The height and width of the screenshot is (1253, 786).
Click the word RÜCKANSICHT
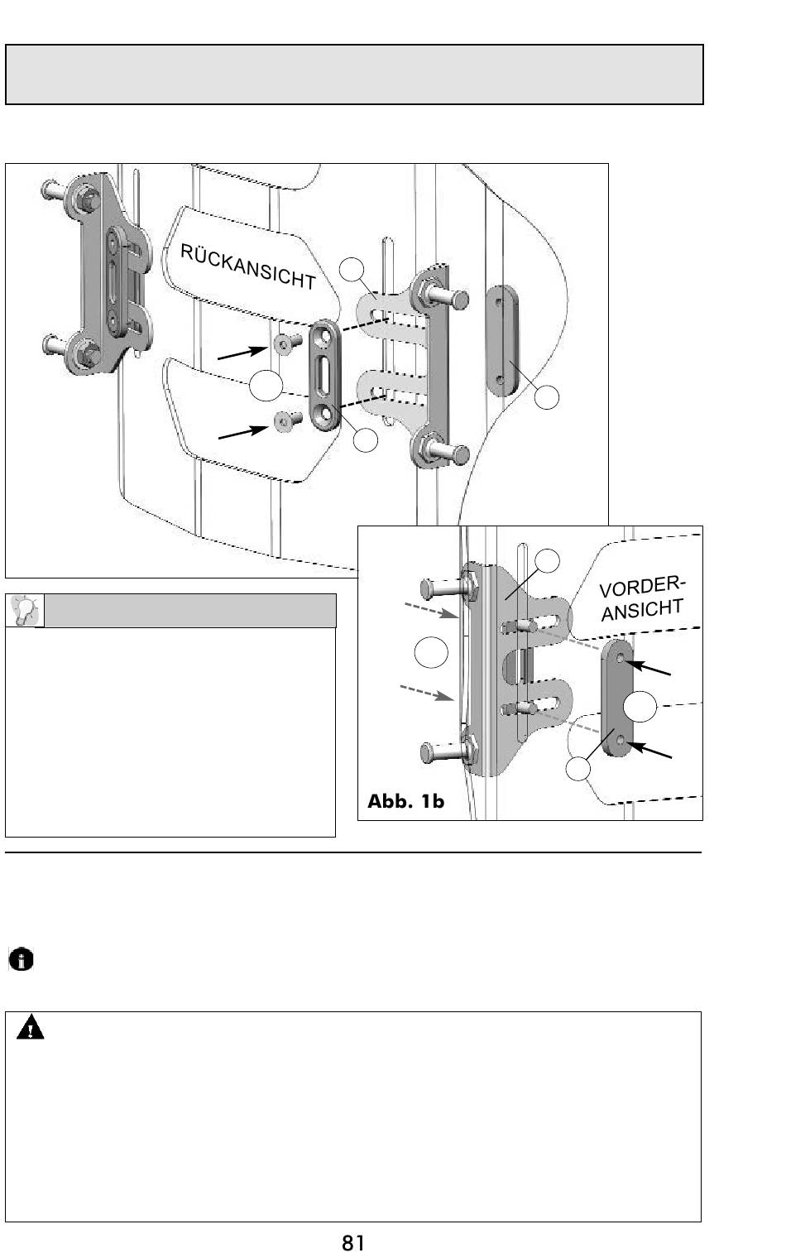248,266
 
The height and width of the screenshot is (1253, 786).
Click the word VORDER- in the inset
641,587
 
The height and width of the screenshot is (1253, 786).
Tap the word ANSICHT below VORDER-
642,609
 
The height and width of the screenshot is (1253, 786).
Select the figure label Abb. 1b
405,801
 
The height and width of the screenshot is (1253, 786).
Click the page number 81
353,1242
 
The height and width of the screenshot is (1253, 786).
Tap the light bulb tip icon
25,610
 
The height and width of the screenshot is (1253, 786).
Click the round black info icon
22,959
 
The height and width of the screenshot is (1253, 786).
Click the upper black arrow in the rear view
243,353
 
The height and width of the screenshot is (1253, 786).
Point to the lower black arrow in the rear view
243,432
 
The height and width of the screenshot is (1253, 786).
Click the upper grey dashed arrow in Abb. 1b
431,610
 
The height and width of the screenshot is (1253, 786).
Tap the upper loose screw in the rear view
288,343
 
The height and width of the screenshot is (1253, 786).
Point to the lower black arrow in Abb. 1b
649,750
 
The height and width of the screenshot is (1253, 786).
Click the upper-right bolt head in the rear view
459,300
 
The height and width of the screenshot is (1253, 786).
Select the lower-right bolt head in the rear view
460,454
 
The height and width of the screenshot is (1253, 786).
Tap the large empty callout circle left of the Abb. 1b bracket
431,651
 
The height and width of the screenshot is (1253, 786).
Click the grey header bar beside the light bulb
190,610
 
